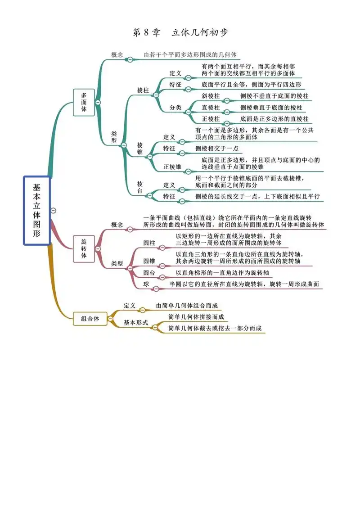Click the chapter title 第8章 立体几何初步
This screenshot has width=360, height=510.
180,32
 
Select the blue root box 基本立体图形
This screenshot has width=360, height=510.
36,210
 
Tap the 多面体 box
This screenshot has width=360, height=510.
84,102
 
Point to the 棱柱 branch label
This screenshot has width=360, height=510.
143,90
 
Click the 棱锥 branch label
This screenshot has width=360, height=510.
140,149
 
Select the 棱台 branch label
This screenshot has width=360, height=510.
140,188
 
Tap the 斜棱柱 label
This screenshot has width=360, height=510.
211,96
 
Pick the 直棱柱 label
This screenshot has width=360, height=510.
211,108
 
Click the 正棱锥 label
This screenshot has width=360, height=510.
172,167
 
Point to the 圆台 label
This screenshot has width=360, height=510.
149,273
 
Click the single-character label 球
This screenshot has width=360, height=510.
146,284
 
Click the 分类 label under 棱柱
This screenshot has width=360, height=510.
175,108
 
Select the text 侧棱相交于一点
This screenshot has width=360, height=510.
217,148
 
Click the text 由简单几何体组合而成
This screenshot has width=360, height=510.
189,306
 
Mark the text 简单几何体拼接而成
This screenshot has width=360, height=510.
196,317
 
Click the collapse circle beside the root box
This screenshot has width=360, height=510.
54,210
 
